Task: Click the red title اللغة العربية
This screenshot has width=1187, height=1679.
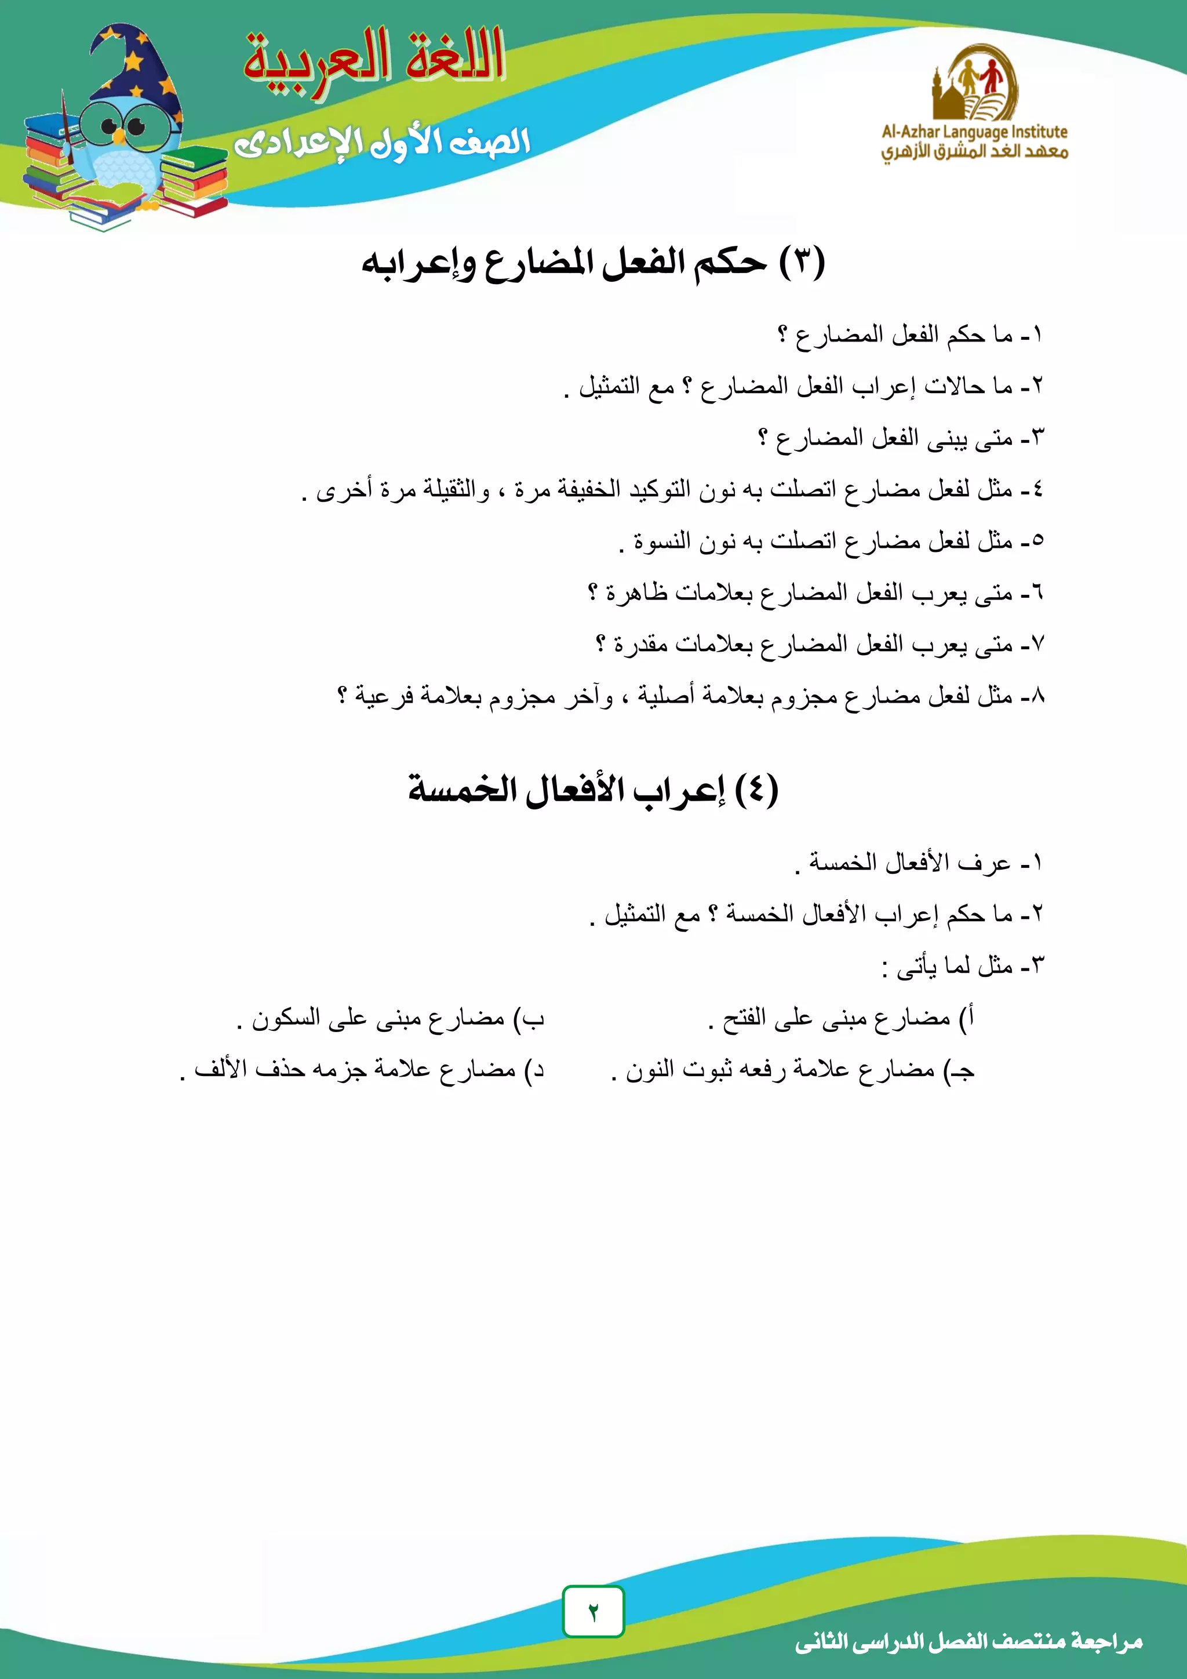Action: point(374,59)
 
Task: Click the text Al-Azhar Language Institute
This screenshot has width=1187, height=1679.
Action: point(974,132)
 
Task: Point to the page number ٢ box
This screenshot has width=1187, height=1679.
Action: point(593,1611)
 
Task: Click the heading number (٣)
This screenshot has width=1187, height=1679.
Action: point(802,263)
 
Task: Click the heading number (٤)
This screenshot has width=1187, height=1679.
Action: point(756,790)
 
